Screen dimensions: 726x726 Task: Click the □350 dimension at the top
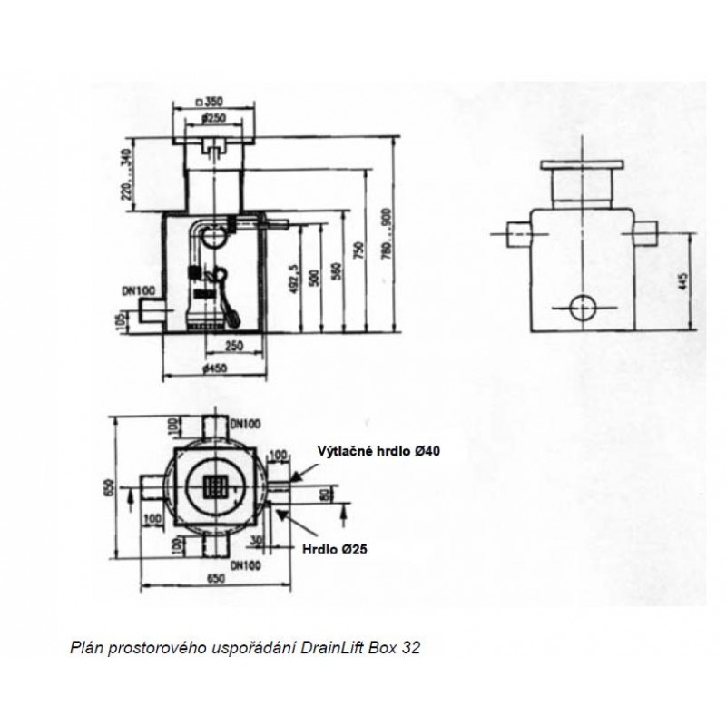(211, 102)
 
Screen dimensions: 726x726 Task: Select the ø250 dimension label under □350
(212, 118)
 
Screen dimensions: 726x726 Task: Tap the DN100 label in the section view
(137, 291)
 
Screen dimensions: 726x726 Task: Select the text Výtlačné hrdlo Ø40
(378, 450)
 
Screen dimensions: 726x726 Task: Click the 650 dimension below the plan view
(215, 577)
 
